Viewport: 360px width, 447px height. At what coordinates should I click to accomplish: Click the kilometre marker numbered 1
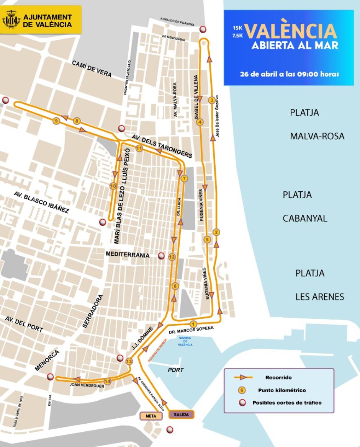[193, 323]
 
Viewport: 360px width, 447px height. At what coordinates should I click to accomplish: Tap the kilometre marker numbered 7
[184, 178]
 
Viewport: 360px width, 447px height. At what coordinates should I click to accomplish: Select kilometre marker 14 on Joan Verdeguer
[108, 381]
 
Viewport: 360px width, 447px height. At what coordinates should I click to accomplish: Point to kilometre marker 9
[56, 121]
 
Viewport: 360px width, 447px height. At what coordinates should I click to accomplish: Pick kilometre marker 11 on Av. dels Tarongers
[139, 148]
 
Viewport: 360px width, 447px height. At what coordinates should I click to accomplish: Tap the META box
[149, 416]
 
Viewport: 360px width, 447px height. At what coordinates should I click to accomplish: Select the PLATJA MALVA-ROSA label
[317, 124]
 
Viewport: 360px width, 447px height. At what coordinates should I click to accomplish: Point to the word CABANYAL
[305, 218]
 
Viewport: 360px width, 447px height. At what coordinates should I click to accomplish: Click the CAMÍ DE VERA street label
[92, 69]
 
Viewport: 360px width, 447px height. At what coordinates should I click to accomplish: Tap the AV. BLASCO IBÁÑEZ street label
[41, 202]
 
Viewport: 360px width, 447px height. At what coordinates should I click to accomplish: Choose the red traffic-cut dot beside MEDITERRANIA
[161, 256]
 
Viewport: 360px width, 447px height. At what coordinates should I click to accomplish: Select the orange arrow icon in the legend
[242, 377]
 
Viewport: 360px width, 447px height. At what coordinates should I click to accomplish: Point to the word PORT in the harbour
[175, 370]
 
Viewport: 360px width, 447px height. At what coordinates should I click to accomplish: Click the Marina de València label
[185, 341]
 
